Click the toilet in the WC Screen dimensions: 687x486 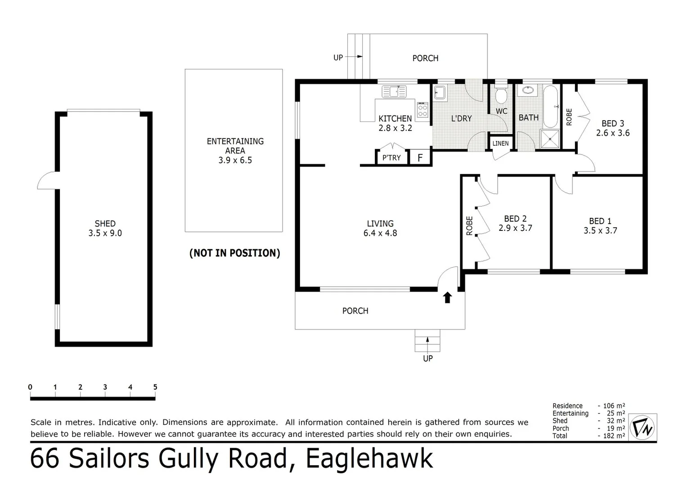[x=501, y=96]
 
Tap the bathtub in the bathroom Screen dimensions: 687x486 [x=550, y=107]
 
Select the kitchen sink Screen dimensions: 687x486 [x=394, y=91]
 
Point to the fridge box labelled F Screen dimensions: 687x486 [x=420, y=157]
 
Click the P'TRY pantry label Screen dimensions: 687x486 [x=391, y=157]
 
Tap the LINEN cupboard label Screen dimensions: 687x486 [x=500, y=144]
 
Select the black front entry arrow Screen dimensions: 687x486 [x=447, y=297]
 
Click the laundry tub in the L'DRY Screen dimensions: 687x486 [x=440, y=93]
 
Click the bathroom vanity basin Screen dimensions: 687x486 [x=526, y=90]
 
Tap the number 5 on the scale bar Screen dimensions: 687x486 [x=155, y=387]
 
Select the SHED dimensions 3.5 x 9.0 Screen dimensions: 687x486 [x=105, y=233]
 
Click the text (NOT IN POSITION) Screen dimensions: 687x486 [x=234, y=253]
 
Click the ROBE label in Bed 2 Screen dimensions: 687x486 [x=469, y=226]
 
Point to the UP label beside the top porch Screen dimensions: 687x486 [x=338, y=57]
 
